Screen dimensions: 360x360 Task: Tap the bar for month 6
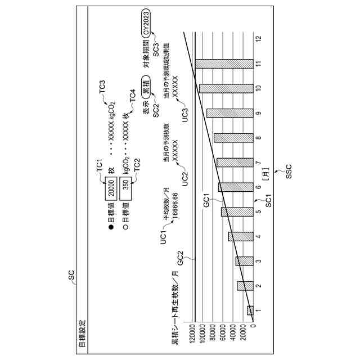(x=236, y=187)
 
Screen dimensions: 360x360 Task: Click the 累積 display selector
(x=145, y=91)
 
